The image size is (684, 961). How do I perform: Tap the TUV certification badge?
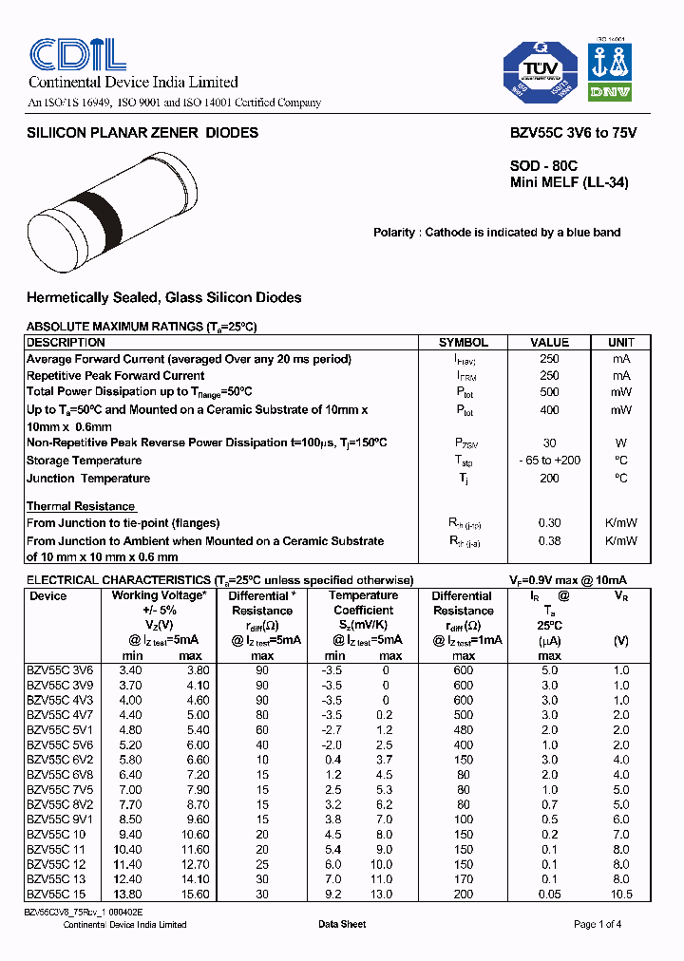tap(540, 71)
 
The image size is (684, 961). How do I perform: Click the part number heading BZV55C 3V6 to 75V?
tap(567, 133)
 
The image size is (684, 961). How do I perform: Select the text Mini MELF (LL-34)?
tap(569, 182)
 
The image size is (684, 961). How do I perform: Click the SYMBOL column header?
tap(463, 342)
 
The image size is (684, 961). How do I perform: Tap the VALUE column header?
tap(549, 342)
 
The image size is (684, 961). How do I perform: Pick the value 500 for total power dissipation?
tap(549, 391)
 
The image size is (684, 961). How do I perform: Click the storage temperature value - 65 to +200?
tap(549, 461)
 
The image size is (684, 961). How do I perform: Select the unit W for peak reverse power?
tap(620, 443)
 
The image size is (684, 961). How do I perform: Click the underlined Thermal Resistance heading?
tap(81, 506)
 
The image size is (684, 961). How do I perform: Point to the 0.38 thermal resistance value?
tap(549, 541)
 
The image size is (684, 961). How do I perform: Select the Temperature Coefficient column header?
tap(363, 603)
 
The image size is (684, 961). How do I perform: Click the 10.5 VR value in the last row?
tap(620, 894)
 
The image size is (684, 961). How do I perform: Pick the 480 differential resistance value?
tap(463, 730)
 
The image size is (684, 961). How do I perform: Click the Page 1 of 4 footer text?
tap(598, 924)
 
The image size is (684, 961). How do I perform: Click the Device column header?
tap(47, 596)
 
